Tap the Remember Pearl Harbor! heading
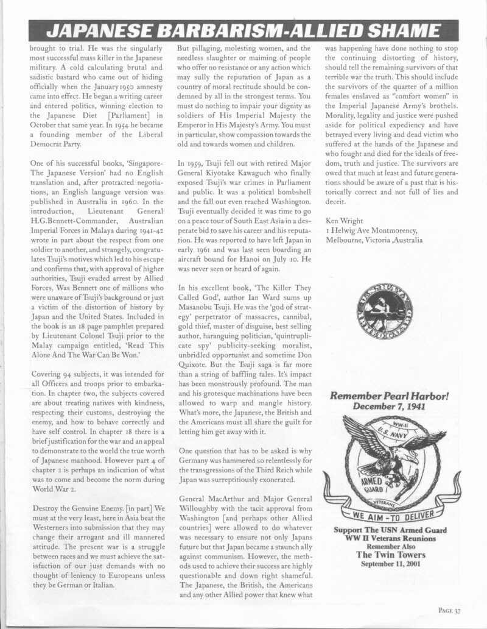click(390, 396)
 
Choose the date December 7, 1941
click(390, 407)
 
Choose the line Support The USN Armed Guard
click(390, 530)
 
